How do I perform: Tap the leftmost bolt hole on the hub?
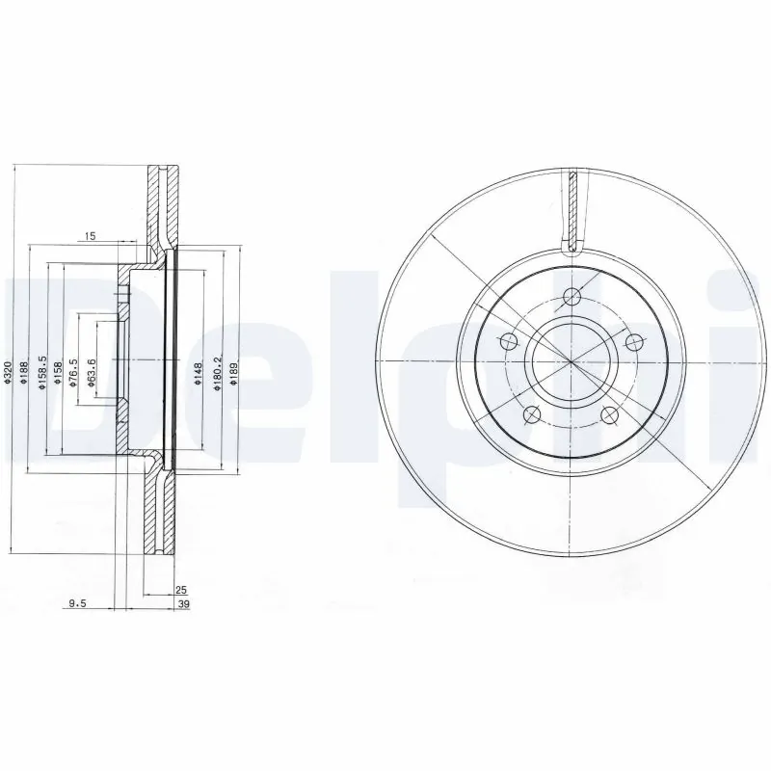(x=508, y=341)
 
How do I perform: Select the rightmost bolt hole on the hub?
(x=633, y=341)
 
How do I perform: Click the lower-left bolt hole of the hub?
(x=531, y=415)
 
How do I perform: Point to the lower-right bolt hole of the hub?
(x=609, y=415)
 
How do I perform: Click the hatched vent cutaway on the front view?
(x=572, y=212)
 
